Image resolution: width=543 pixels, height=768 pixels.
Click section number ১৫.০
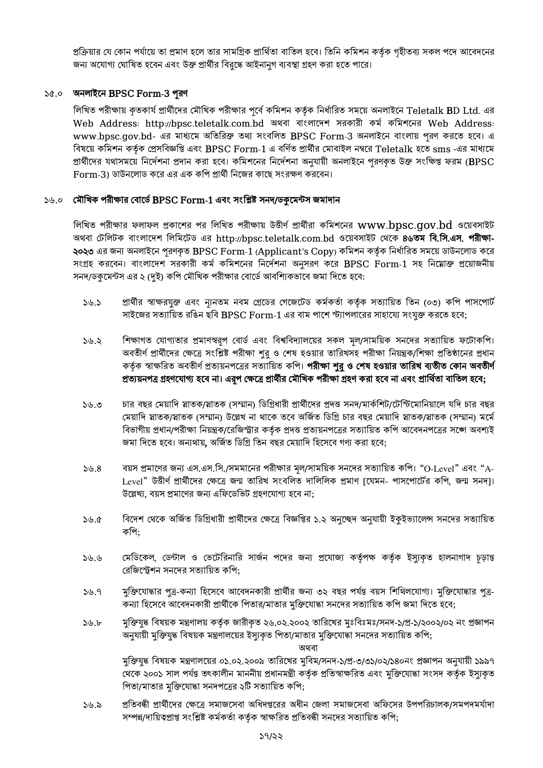pyautogui.click(x=54, y=94)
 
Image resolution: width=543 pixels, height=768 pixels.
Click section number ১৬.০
pyautogui.click(x=54, y=201)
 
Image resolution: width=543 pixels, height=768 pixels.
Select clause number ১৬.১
pyautogui.click(x=93, y=303)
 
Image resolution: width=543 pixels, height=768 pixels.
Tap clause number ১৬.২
pyautogui.click(x=93, y=341)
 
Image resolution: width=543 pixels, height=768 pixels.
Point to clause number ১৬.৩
pyautogui.click(x=93, y=405)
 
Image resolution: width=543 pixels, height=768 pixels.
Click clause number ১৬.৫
pyautogui.click(x=93, y=520)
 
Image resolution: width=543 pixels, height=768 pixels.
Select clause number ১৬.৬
pyautogui.click(x=93, y=558)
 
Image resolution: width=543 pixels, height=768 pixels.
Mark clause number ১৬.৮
pyautogui.click(x=93, y=623)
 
